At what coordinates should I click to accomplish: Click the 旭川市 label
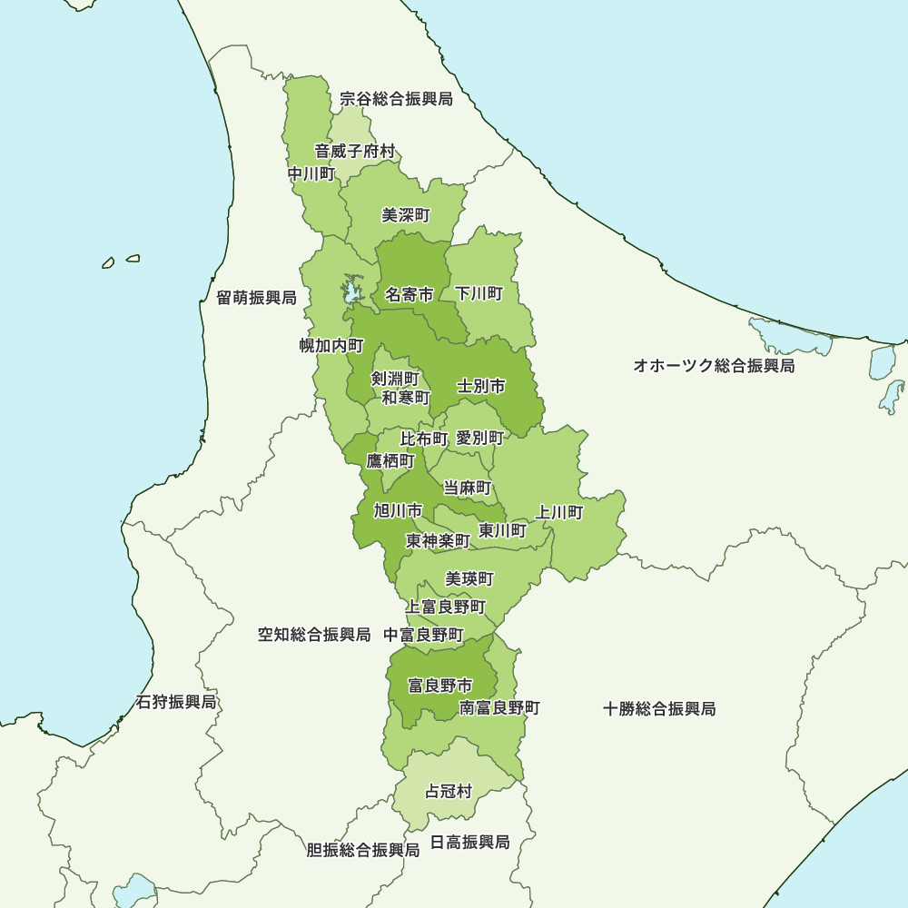pyautogui.click(x=398, y=510)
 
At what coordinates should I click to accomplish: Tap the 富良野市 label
pyautogui.click(x=439, y=685)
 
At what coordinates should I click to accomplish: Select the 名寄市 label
pyautogui.click(x=408, y=294)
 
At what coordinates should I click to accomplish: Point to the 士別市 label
pyautogui.click(x=480, y=386)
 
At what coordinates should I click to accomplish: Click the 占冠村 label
pyautogui.click(x=449, y=791)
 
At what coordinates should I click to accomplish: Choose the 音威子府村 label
pyautogui.click(x=355, y=151)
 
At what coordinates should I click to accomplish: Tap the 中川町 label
pyautogui.click(x=311, y=173)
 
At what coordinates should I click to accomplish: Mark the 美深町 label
pyautogui.click(x=406, y=215)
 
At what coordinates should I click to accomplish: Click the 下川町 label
pyautogui.click(x=479, y=293)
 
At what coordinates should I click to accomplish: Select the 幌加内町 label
pyautogui.click(x=331, y=345)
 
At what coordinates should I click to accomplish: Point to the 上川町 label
pyautogui.click(x=559, y=513)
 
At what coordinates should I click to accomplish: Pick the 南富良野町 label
pyautogui.click(x=499, y=707)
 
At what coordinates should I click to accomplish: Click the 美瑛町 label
pyautogui.click(x=469, y=578)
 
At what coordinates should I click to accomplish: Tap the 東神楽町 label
pyautogui.click(x=438, y=541)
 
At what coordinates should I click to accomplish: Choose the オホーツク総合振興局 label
pyautogui.click(x=714, y=366)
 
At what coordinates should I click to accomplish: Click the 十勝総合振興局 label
pyautogui.click(x=659, y=708)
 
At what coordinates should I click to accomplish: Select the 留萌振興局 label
pyautogui.click(x=256, y=298)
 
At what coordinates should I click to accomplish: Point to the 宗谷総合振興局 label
pyautogui.click(x=396, y=99)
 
